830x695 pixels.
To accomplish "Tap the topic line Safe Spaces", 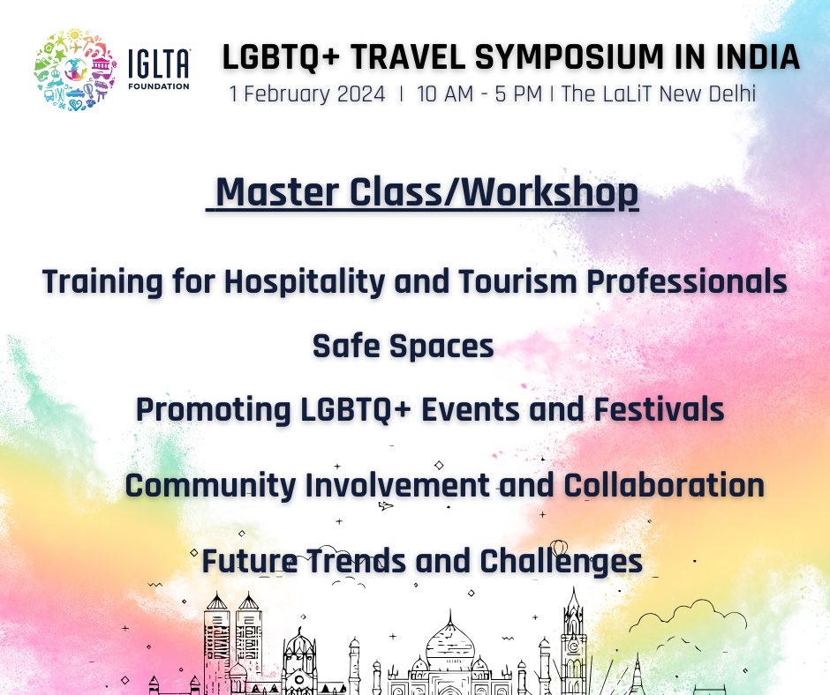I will [403, 346].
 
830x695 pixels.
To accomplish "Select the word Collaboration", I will [664, 485].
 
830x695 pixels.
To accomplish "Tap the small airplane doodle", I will [385, 506].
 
